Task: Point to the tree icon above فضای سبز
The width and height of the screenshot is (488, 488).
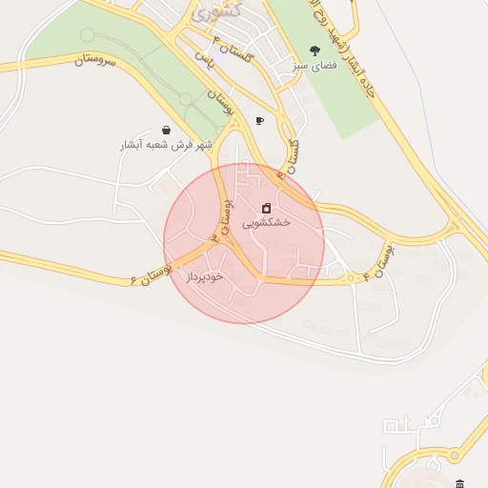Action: [315, 51]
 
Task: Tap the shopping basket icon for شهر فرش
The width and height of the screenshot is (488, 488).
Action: [167, 130]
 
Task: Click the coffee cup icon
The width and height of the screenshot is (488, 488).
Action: [259, 121]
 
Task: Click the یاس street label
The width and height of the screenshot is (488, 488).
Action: [202, 58]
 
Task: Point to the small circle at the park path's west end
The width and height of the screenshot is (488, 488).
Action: [88, 35]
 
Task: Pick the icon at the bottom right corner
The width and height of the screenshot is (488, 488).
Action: [460, 483]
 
